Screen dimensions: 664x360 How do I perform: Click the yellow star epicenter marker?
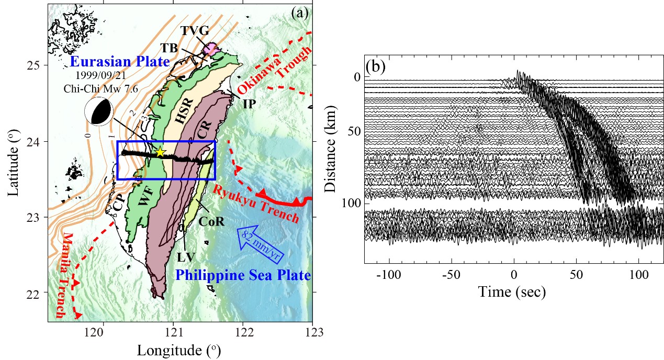(x=160, y=152)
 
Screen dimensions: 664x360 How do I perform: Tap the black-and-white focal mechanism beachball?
(x=99, y=112)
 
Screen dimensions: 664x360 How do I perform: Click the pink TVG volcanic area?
(x=211, y=48)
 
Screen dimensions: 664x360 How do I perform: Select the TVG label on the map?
(x=195, y=30)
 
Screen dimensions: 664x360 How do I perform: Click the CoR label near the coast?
(x=211, y=221)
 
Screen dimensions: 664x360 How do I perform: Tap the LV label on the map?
(x=186, y=257)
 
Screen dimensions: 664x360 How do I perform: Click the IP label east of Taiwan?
(x=249, y=104)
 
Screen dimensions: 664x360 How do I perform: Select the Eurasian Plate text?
(x=120, y=61)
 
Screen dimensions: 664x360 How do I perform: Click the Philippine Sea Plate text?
(x=243, y=275)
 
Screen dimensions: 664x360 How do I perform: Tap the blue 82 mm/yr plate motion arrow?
(x=261, y=244)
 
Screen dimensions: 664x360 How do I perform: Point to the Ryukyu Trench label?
(x=256, y=205)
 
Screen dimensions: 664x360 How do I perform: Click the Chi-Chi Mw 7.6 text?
(x=101, y=88)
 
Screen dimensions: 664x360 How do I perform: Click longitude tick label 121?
(x=173, y=332)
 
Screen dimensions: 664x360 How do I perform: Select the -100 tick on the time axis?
(x=389, y=275)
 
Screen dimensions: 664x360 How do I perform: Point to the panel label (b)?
(x=376, y=67)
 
